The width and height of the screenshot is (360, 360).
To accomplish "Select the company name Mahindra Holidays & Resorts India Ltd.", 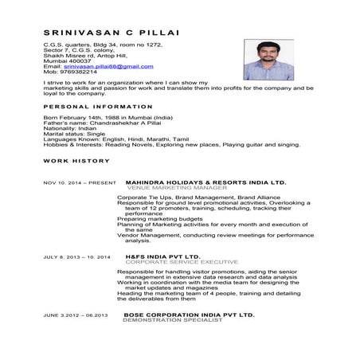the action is click(205, 182).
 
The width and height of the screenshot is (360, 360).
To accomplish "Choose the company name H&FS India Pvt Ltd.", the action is click(163, 257).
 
